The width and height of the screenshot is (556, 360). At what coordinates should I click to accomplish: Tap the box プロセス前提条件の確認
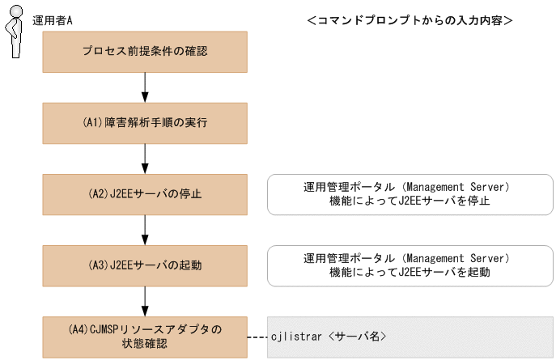coord(145,52)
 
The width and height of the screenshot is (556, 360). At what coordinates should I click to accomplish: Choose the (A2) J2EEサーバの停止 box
coord(145,194)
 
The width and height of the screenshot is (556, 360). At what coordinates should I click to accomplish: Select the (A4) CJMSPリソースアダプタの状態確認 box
coord(145,337)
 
